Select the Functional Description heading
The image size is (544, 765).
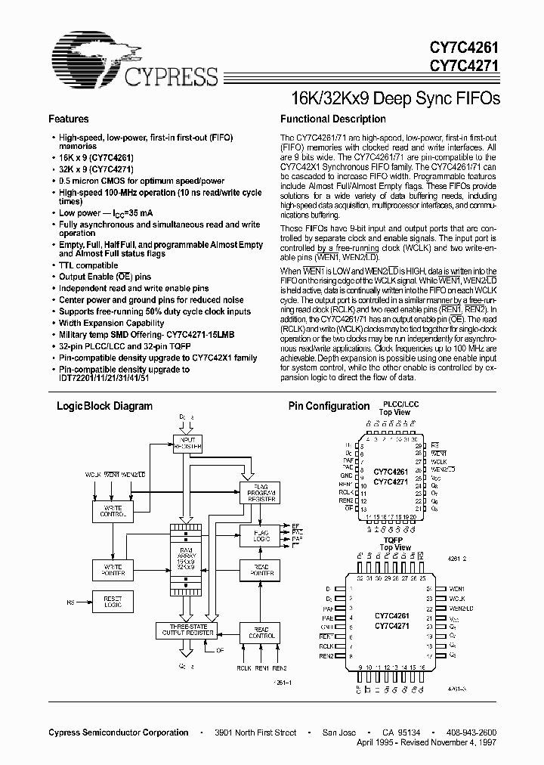(x=332, y=119)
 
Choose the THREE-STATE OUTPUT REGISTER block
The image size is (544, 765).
(x=187, y=630)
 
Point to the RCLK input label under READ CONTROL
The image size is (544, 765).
(x=243, y=668)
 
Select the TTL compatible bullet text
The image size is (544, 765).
(x=89, y=265)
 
